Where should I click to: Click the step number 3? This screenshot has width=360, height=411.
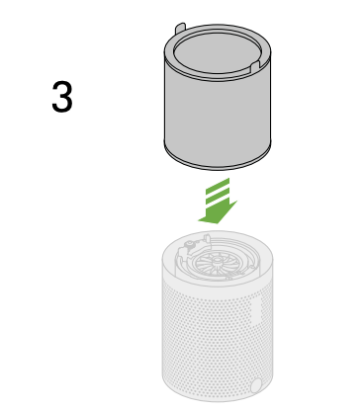[62, 97]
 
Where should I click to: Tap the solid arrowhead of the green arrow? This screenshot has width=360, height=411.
[218, 212]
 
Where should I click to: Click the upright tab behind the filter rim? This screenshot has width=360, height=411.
[180, 28]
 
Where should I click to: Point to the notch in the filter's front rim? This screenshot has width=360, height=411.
[255, 65]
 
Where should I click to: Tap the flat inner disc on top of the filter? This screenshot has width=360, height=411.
[218, 52]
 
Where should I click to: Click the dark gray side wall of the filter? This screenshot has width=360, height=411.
[218, 116]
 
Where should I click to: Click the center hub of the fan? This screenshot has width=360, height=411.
[218, 261]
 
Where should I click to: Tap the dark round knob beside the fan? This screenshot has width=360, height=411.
[189, 245]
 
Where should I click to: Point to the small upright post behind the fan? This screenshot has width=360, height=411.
[207, 238]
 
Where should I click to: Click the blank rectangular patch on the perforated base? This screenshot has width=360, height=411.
[256, 311]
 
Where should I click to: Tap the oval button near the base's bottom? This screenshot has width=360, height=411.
[256, 385]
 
